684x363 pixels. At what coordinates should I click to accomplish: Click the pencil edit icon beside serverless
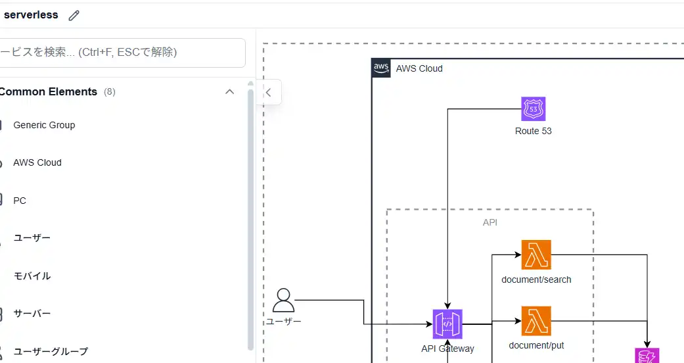click(74, 15)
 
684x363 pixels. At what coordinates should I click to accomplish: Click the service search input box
click(122, 52)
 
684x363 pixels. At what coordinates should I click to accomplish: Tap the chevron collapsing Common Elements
click(229, 92)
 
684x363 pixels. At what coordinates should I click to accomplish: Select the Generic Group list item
click(44, 125)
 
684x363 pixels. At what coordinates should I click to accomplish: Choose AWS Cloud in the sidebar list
click(37, 162)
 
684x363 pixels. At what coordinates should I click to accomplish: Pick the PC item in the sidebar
click(20, 201)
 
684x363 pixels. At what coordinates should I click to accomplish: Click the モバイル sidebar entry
click(32, 276)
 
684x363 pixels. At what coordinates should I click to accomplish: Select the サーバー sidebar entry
click(32, 314)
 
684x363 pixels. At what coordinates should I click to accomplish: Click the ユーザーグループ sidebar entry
click(51, 351)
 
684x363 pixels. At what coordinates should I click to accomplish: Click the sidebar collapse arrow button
click(268, 93)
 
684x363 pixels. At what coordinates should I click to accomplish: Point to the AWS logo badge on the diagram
click(381, 68)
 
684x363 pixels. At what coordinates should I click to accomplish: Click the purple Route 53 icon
click(533, 109)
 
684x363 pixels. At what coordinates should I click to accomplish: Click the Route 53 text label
click(533, 131)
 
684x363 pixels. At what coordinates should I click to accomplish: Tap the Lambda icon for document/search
click(536, 255)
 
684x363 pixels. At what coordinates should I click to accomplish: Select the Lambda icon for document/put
click(536, 321)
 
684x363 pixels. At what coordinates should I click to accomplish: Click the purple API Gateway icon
click(447, 324)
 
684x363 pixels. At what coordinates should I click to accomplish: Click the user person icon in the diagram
click(283, 300)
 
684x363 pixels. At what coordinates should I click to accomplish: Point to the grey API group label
click(490, 222)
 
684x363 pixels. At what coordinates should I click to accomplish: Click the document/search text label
click(536, 279)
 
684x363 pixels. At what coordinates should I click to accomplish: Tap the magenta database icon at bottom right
click(647, 356)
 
